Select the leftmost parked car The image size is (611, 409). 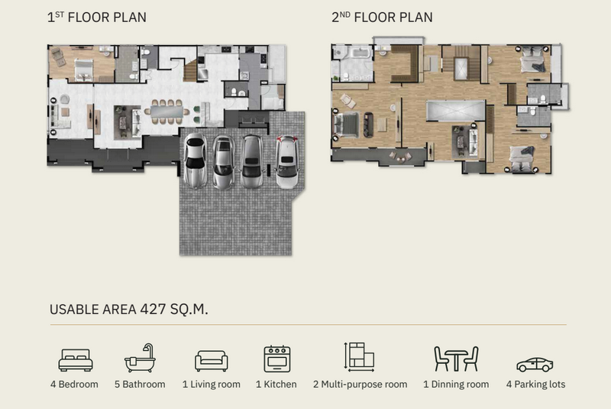[196, 161]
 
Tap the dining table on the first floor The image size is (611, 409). [167, 112]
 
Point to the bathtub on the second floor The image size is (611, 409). [356, 54]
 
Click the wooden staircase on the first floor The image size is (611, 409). [190, 71]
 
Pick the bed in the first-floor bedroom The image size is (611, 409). [84, 70]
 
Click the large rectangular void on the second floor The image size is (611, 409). [455, 111]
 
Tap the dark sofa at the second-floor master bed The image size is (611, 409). [368, 125]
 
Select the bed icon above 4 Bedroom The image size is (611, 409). [76, 360]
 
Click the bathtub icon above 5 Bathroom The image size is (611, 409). [140, 358]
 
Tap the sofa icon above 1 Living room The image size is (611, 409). [212, 361]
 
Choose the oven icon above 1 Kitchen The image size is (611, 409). [277, 359]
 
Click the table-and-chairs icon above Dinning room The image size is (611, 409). [456, 359]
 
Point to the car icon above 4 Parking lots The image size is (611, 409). [535, 365]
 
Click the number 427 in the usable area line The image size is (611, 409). [153, 309]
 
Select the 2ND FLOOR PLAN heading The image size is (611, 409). [382, 17]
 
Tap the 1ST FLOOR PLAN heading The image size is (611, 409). [97, 17]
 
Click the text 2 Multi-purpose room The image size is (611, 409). [360, 385]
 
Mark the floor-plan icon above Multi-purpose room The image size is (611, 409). [359, 357]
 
